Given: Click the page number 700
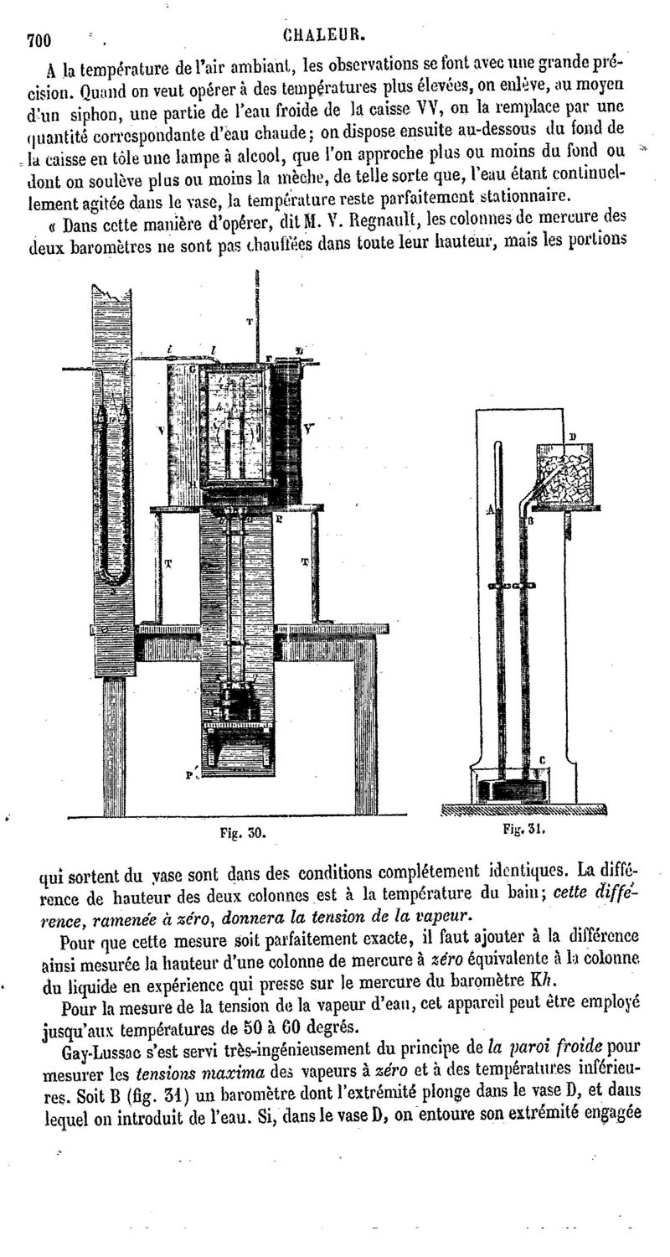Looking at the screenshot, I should click(x=39, y=39).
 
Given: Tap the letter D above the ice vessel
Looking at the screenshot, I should click(x=572, y=437).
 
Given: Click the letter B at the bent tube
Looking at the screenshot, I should click(x=530, y=520).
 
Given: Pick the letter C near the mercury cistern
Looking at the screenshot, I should click(x=542, y=760).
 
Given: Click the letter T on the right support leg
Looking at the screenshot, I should click(x=304, y=562).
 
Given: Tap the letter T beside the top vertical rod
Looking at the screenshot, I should click(x=248, y=321).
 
